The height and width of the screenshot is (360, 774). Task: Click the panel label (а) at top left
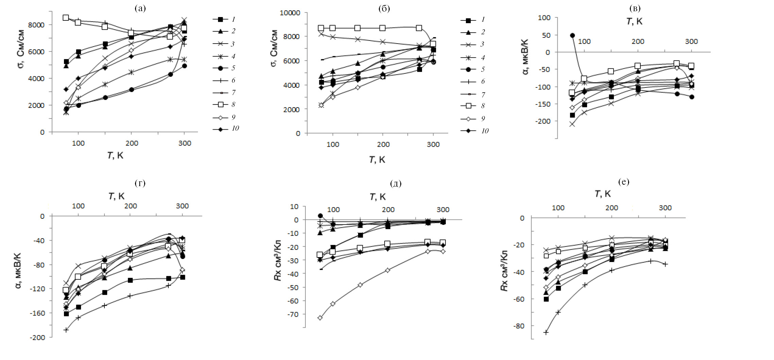(140, 8)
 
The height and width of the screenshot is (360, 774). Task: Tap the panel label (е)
(624, 182)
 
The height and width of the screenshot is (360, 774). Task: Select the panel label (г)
(140, 183)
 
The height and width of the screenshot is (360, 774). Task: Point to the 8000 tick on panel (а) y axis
(37, 25)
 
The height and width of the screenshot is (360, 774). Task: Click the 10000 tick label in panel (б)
(290, 13)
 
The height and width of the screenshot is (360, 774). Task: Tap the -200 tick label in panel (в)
(543, 121)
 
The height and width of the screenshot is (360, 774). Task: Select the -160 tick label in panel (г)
(37, 313)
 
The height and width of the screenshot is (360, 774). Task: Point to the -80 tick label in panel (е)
(518, 326)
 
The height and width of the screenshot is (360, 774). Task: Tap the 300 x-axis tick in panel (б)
(433, 144)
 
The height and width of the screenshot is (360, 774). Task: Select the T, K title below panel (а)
(116, 156)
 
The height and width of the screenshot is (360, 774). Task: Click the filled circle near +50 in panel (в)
(572, 35)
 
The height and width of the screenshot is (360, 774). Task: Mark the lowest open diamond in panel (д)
(320, 318)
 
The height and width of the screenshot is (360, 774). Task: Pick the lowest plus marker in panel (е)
(546, 332)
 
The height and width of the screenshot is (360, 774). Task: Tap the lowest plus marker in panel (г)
(66, 330)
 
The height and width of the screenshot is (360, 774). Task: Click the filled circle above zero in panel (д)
(320, 216)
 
